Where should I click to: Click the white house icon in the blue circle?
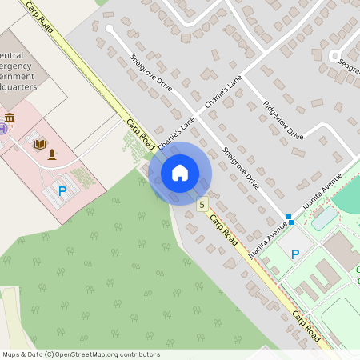tap(179, 172)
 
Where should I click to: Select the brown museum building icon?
tap(10, 118)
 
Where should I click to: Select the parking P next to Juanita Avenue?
tap(294, 254)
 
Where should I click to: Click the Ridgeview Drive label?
tap(283, 120)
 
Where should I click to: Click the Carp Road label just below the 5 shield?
tap(224, 231)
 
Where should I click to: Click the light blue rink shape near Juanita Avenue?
tap(324, 217)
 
